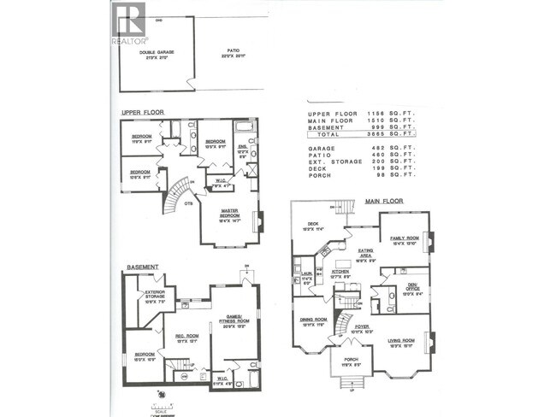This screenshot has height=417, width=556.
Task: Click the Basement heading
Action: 142,267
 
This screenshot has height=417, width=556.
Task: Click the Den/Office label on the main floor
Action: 411,285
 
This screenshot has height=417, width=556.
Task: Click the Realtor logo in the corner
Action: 128,23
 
